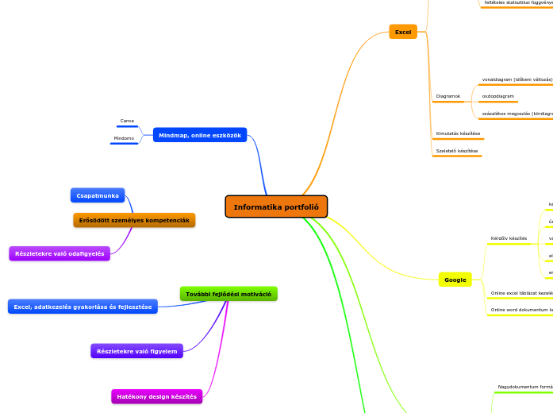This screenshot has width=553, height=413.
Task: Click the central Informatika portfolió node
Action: coord(276,206)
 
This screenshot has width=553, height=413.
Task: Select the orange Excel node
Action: coord(403,32)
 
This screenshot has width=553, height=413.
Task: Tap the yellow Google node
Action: coord(455,280)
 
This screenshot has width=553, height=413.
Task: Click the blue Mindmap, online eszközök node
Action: coord(200,135)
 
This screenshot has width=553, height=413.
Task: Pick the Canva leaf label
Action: coord(127,121)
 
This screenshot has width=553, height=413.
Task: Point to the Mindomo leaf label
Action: coord(124,138)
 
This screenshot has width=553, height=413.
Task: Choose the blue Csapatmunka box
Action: coord(98,195)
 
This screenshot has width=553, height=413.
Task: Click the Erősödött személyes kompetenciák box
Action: coord(134,220)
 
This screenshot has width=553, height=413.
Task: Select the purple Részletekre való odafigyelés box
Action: coord(60,253)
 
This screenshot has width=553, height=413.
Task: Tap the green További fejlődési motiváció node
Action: coord(228,294)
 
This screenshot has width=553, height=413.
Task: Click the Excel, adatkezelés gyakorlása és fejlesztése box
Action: coord(83,307)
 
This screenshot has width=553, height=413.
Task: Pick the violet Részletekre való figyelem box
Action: coord(136,351)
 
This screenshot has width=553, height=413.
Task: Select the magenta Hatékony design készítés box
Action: coord(156,396)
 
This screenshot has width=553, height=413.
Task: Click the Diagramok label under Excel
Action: coord(448,96)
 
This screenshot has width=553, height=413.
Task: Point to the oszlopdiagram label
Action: coord(498,96)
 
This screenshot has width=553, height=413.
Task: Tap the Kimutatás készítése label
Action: coord(458,133)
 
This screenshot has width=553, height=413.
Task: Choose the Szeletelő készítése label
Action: coord(457,150)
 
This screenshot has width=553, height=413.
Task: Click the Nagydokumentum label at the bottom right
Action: coord(524,387)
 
